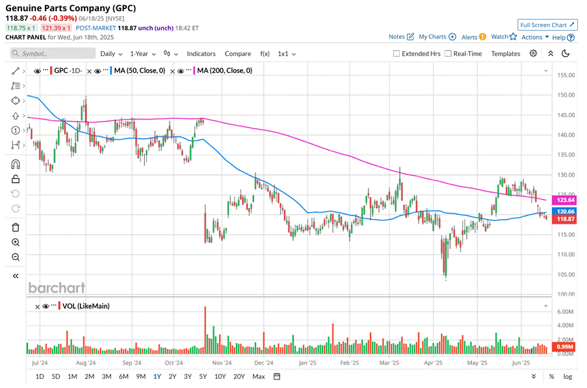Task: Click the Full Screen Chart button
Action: coord(548,25)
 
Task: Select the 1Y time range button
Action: coord(157,376)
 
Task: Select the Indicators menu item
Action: coord(201,54)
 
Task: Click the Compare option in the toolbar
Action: coord(237,54)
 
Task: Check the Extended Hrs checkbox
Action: coord(397,54)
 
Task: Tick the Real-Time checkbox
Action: coord(449,54)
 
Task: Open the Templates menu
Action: coord(506,54)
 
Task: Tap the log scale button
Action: coord(567,376)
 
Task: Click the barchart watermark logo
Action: coord(57,287)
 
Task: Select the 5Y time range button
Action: coord(203,376)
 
